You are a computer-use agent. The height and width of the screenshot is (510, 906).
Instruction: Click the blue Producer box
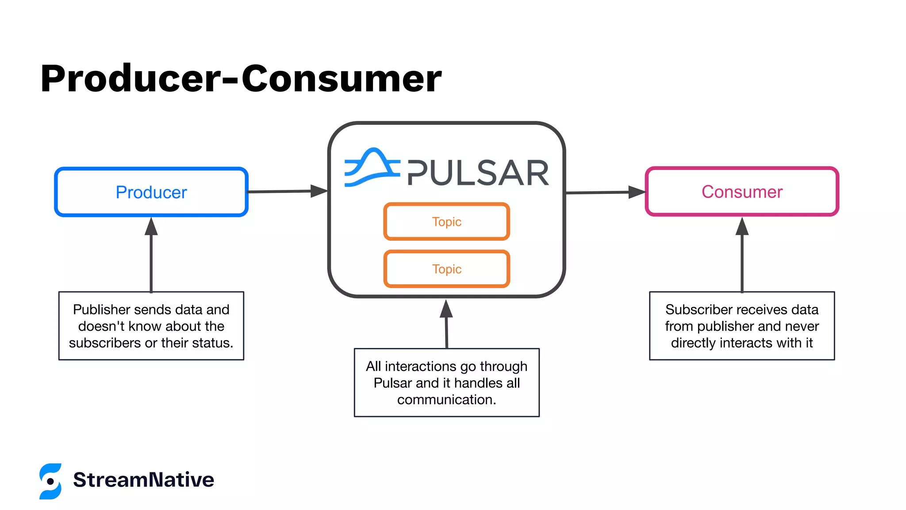tap(151, 192)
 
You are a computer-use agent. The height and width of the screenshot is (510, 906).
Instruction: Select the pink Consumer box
tap(742, 192)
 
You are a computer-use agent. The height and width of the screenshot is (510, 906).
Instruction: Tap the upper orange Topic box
tap(446, 221)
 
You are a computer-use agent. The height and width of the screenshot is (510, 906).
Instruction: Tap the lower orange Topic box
tap(446, 269)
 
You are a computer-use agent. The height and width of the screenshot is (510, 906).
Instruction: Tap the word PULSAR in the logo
tap(478, 173)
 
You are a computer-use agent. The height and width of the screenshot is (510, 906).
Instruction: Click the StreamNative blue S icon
tap(50, 481)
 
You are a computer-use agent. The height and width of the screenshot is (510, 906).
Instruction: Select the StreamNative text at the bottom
tap(143, 480)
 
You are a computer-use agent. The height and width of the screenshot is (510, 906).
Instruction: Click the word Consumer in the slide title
tap(341, 79)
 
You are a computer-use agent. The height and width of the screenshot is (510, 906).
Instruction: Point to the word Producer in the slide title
tap(131, 79)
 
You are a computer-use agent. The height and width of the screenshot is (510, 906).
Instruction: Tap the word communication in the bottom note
tap(446, 400)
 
